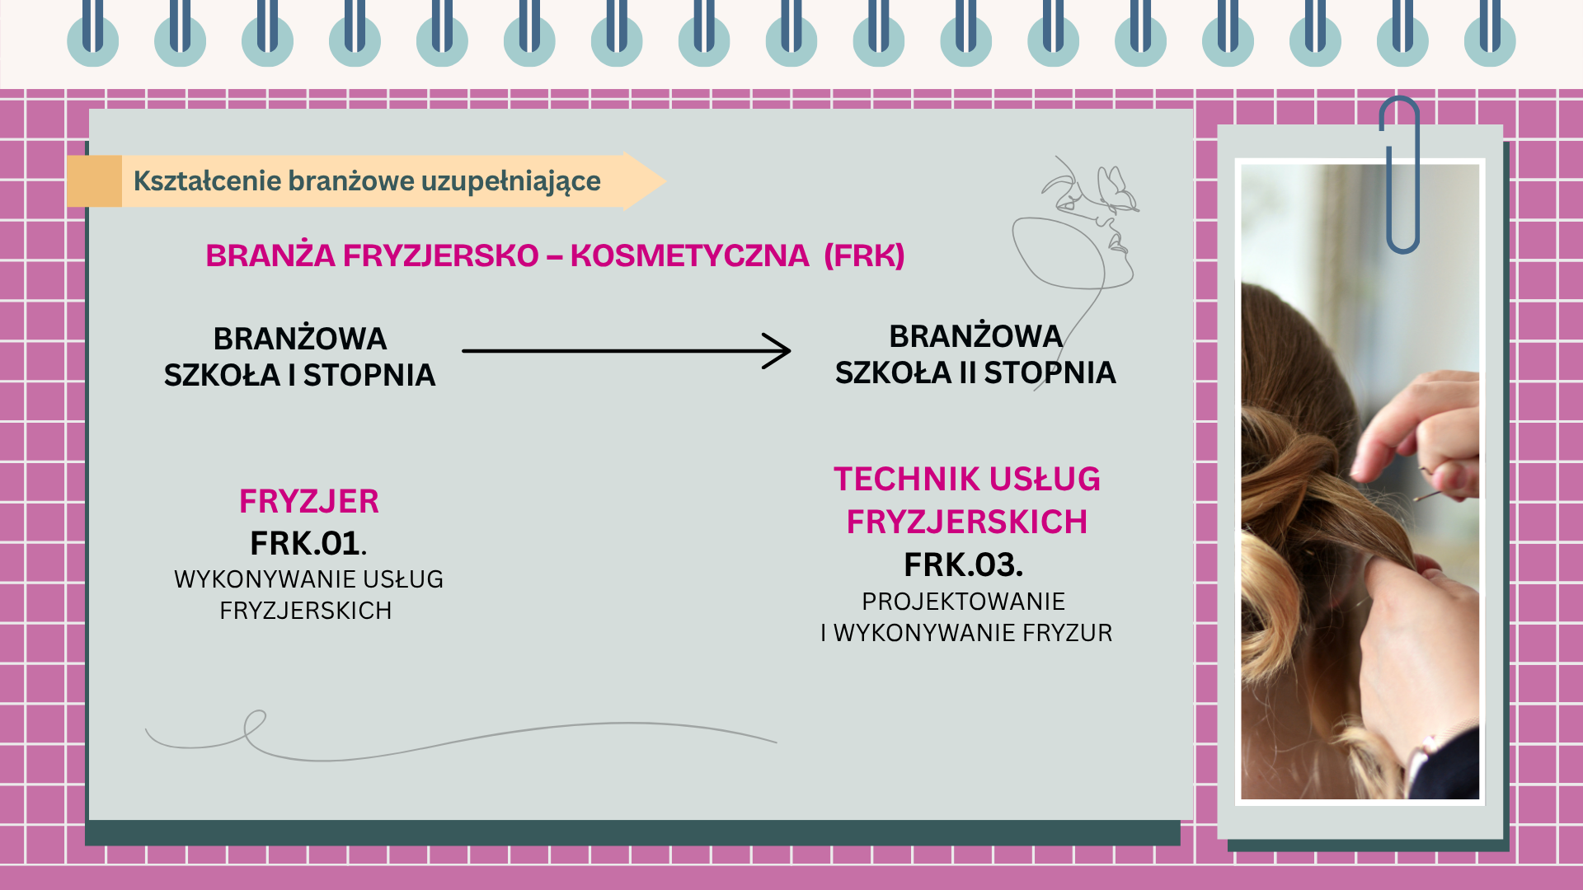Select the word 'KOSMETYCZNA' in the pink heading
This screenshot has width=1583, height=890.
[x=689, y=255]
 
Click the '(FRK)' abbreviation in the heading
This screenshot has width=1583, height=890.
[x=864, y=255]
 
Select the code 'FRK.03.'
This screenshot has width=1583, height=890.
[x=963, y=565]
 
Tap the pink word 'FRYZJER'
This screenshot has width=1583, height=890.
[x=309, y=501]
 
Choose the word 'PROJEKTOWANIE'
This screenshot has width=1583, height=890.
[x=963, y=602]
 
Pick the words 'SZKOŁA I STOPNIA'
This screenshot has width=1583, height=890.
[x=299, y=376]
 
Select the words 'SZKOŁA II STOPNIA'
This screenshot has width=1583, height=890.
[x=975, y=373]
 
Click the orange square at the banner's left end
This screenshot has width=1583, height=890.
[x=95, y=181]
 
